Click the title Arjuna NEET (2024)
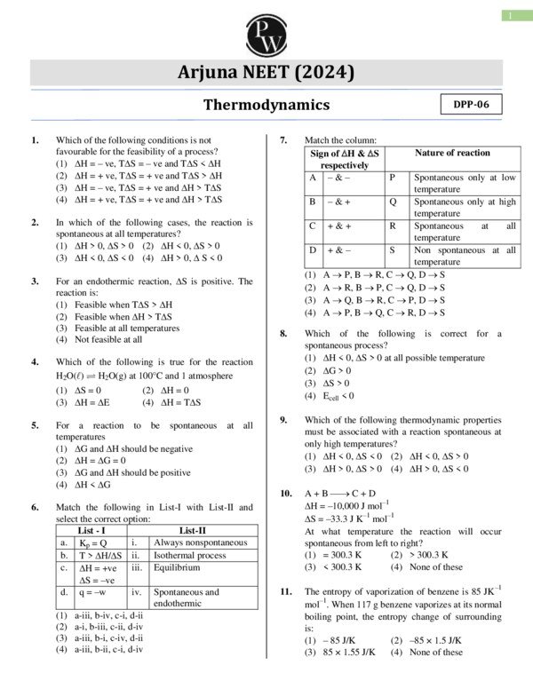(266, 72)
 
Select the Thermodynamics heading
(266, 105)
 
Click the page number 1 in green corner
(513, 15)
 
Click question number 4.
(35, 362)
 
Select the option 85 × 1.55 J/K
(340, 652)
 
